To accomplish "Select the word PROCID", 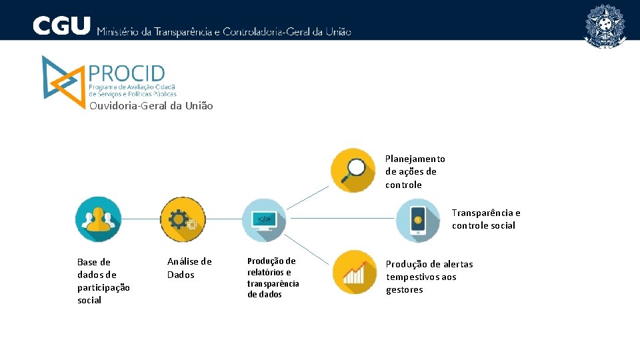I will (x=127, y=73).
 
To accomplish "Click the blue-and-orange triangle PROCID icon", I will (x=60, y=77).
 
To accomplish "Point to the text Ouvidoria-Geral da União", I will (x=151, y=106).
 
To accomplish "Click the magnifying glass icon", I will (x=354, y=171).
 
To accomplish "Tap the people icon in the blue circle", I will (x=98, y=219).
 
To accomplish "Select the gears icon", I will (x=183, y=219).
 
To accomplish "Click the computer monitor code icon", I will (x=264, y=219).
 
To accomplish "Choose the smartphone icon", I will (x=418, y=221).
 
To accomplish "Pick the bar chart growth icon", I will (x=355, y=272).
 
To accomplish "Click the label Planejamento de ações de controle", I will (x=415, y=171).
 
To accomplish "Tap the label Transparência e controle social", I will (x=485, y=219).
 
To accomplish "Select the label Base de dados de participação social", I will (x=103, y=281).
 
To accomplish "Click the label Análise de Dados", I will (x=189, y=268).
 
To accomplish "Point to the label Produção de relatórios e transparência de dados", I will (x=273, y=277).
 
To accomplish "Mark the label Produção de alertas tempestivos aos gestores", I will (x=429, y=277).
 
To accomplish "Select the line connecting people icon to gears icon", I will (x=141, y=219).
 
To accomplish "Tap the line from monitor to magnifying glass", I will (x=308, y=197).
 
